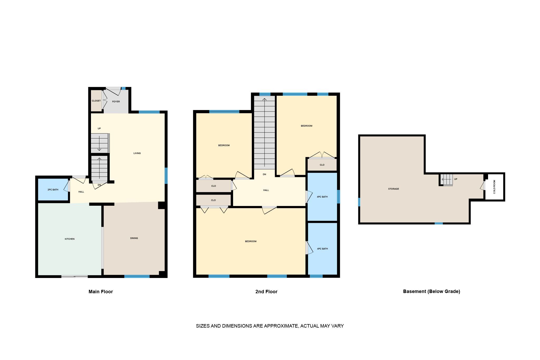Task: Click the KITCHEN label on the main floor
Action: pos(70,239)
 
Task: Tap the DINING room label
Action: pos(134,238)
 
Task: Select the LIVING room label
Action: pos(137,153)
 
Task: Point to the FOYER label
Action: pos(116,102)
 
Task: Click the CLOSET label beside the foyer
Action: pos(96,101)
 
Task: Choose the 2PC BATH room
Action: pos(53,190)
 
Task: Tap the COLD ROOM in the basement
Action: pos(494,187)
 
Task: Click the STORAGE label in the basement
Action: pos(393,189)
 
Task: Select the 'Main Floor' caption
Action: pos(101,291)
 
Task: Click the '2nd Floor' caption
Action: pos(266,291)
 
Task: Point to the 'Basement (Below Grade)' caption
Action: pos(431,291)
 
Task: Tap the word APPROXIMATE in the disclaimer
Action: pos(281,326)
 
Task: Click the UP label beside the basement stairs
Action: pos(456,179)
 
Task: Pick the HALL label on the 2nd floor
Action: pos(266,190)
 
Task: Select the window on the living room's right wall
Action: pos(166,176)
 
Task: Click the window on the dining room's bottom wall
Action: pos(137,276)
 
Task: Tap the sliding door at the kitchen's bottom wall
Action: pos(75,276)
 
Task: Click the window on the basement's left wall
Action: pos(359,202)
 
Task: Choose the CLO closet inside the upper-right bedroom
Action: pos(322,165)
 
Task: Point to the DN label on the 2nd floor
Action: pos(264,174)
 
